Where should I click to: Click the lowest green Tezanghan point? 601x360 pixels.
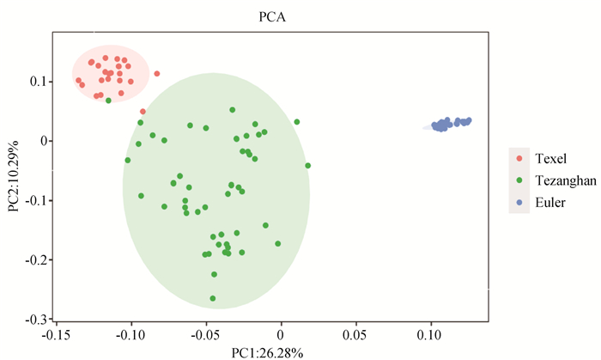tap(213, 298)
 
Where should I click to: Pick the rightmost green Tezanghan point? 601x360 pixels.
tap(307, 165)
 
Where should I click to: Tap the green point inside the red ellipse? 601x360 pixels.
tap(108, 101)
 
